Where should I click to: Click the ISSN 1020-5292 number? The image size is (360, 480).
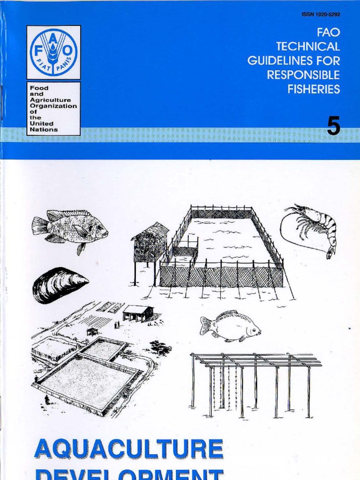point(321,15)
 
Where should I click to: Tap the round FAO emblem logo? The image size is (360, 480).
point(53,52)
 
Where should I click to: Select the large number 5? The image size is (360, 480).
point(333,127)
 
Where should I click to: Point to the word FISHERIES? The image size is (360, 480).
point(314,90)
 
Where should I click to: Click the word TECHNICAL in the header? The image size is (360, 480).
point(308,47)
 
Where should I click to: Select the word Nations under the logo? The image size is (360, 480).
point(44,129)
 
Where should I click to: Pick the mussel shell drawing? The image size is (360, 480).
point(59,285)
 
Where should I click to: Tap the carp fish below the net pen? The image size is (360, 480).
point(230,325)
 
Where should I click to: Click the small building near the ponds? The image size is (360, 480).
point(138,312)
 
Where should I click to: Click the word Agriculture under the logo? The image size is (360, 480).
point(51,100)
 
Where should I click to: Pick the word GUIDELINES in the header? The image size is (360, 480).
point(294,61)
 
